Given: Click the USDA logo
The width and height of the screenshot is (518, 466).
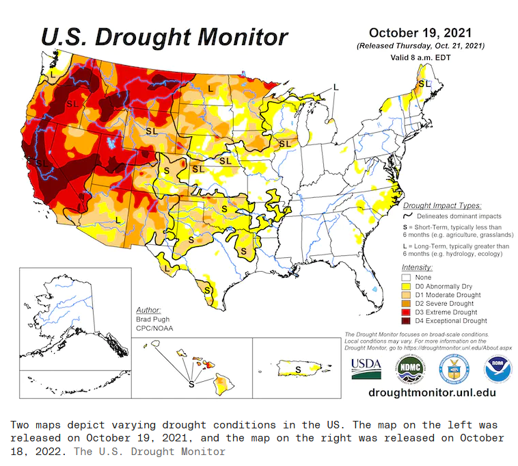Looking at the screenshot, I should pos(366,369).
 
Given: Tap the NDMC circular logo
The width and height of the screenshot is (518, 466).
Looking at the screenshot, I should pos(408,370).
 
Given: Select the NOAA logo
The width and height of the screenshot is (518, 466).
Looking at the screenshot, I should pos(497,370).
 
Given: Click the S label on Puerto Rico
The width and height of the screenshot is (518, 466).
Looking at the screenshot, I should pos(297,370).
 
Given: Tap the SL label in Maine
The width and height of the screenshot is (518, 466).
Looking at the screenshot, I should pos(424,83).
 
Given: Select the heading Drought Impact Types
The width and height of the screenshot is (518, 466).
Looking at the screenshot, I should pos(441,205).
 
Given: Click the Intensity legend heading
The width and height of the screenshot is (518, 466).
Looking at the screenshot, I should pos(417,267).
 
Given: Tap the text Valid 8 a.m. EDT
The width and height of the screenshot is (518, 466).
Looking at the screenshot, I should pos(420,57).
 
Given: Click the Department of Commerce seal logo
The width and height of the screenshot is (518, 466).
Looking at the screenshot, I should pos(453,370).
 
